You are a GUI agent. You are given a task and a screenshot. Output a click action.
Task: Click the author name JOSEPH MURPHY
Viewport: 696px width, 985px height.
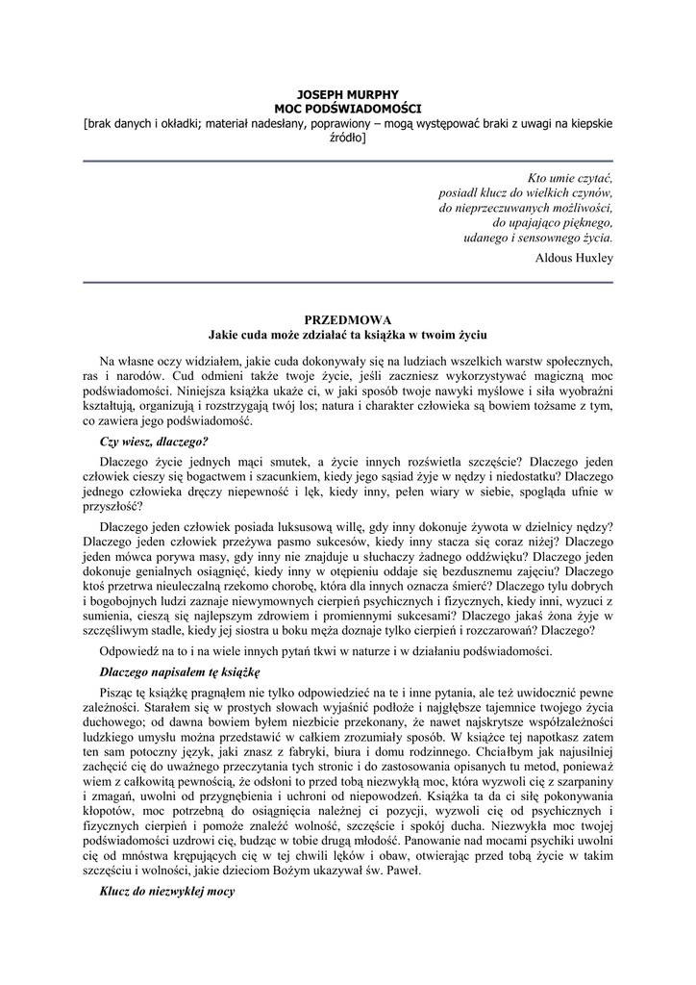[x=348, y=96]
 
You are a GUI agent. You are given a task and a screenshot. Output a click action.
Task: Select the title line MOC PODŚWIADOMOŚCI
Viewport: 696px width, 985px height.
[x=348, y=110]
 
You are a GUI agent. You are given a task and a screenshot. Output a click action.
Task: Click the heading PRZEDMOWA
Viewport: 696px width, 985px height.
[x=348, y=319]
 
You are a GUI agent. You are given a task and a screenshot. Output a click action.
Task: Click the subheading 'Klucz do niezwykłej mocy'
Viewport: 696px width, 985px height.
[x=167, y=892]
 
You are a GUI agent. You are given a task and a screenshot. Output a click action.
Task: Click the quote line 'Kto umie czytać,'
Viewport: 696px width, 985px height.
[x=571, y=177]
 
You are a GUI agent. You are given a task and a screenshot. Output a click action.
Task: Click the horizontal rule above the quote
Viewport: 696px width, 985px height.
[x=348, y=162]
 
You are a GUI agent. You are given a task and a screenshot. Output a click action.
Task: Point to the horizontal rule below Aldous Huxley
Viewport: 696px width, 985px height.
[x=348, y=283]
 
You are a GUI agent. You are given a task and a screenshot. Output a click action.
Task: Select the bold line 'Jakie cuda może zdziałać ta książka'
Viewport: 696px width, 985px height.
[x=348, y=334]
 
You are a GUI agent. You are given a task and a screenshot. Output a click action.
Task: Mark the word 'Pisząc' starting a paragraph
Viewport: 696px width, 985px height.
[x=118, y=692]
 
